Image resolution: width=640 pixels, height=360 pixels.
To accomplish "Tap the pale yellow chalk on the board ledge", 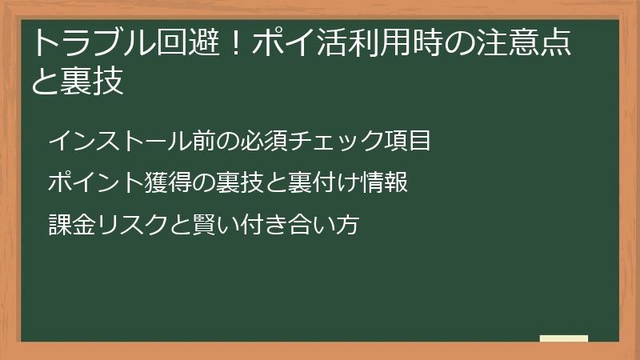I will tap(563, 338).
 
